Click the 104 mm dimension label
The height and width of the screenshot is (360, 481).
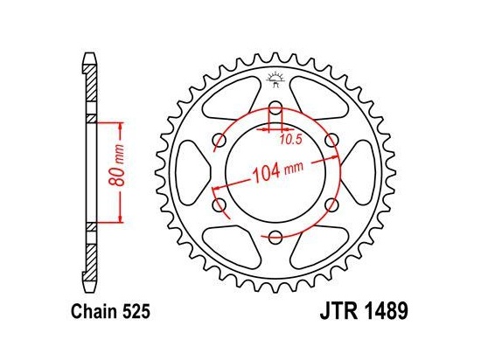pos(277,171)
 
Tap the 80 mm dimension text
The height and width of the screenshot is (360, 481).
pos(117,165)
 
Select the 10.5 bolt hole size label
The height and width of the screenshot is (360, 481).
pos(291,140)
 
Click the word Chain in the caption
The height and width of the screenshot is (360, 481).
pos(94,311)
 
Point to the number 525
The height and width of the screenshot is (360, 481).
pos(136,312)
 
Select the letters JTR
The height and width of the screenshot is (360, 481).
pos(338,311)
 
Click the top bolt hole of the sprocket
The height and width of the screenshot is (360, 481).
pos(275,109)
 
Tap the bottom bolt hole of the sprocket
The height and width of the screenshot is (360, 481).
pos(275,237)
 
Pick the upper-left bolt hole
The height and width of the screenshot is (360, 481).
pos(220,141)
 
